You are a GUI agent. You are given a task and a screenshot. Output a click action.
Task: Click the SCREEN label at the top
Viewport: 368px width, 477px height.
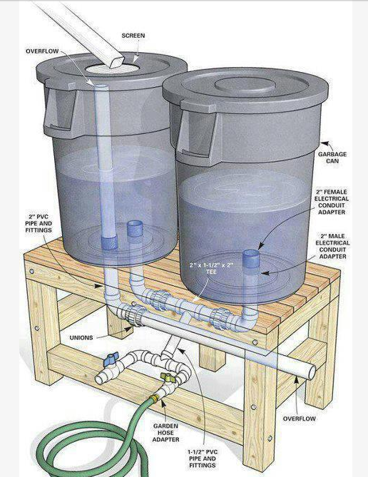pos(133,36)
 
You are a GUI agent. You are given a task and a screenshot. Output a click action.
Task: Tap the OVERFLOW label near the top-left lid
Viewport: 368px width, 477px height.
pos(42,51)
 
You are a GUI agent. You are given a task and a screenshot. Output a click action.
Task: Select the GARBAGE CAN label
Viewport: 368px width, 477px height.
pos(332,158)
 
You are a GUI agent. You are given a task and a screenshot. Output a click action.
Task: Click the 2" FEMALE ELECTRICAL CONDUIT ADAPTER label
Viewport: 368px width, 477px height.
pos(332,202)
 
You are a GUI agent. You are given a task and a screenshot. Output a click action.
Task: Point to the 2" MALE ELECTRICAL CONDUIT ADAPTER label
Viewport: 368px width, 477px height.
pos(332,246)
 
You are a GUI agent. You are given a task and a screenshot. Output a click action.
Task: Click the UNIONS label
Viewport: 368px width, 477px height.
pos(81,337)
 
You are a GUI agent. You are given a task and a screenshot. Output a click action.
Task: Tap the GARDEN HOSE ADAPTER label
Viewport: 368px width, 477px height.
pos(165,433)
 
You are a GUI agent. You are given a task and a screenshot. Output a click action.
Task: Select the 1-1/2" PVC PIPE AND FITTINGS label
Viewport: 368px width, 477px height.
pos(203,458)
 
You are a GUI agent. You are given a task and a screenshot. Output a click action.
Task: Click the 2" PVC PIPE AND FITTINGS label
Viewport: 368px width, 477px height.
pos(39,224)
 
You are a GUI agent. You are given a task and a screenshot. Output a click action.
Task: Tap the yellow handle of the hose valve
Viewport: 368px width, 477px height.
pos(167,377)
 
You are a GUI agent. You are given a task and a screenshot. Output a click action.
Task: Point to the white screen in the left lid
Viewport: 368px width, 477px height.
pos(111,68)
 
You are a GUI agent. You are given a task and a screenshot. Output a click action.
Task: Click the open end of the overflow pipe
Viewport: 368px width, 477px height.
pos(312,373)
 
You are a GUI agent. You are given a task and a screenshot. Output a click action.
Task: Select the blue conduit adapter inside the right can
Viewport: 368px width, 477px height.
pos(252,259)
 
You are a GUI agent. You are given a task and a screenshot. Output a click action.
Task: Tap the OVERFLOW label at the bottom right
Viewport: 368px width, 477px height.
pos(300,419)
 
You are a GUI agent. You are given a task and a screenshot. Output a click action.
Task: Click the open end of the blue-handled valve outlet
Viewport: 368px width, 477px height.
pos(99,379)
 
